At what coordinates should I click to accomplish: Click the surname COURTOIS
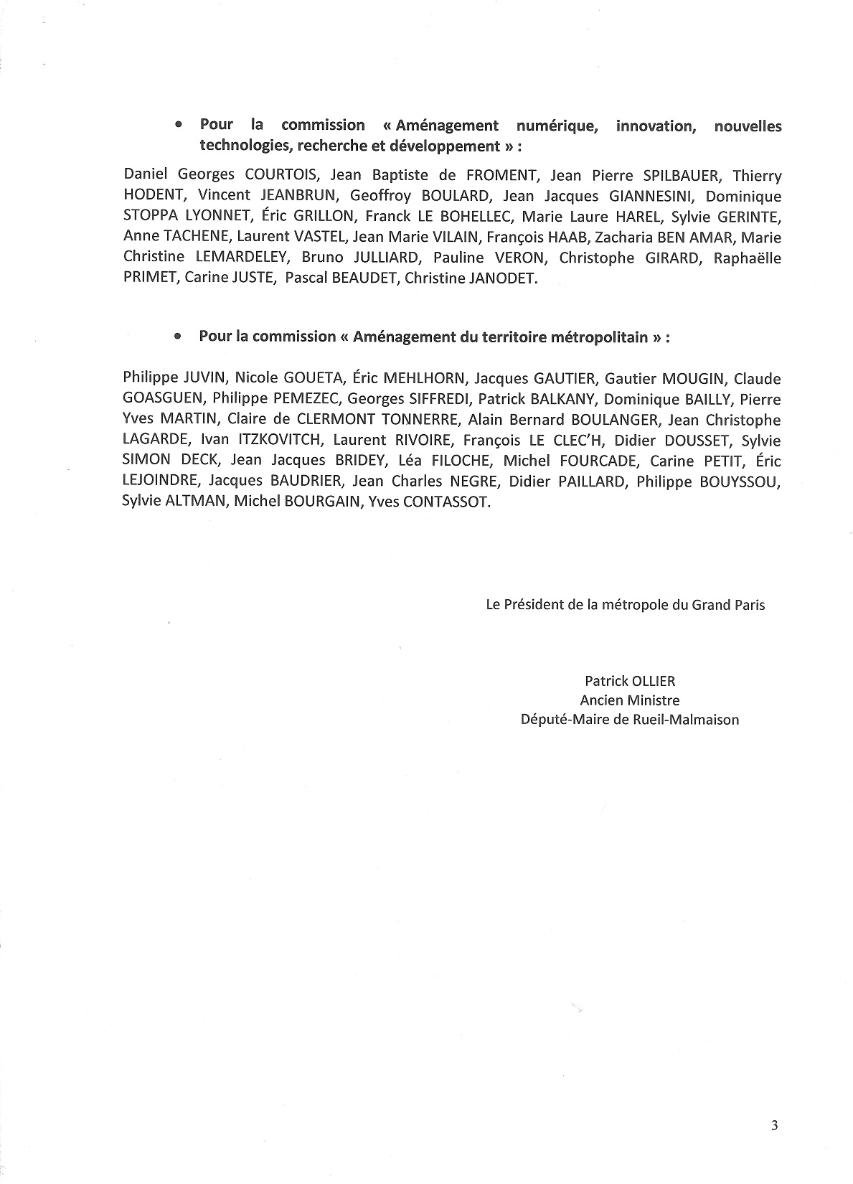267,176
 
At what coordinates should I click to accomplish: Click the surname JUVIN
204,379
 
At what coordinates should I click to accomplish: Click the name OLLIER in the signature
654,681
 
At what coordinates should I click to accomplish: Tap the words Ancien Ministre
629,700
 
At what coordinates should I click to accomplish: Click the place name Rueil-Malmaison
677,719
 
